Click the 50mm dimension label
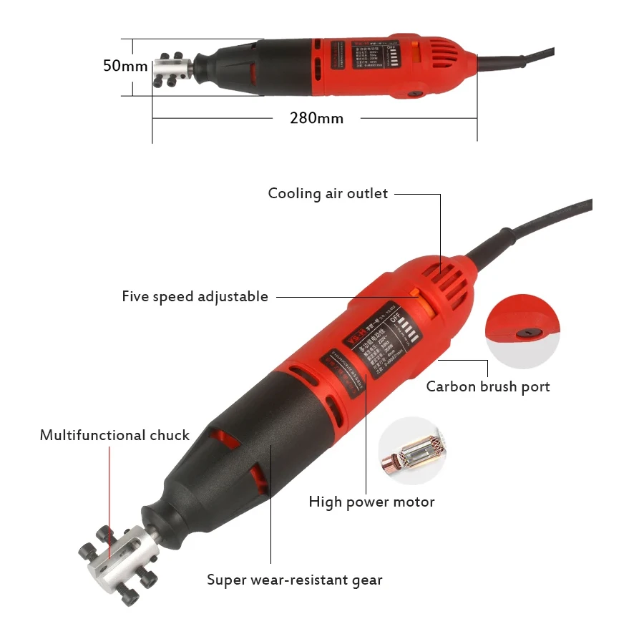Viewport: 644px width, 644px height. tap(125, 66)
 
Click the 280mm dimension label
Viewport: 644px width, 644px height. tap(316, 118)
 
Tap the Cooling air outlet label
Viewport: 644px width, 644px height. tap(328, 193)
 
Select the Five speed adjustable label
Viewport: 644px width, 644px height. tap(195, 296)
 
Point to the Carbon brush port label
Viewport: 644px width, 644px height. tap(488, 386)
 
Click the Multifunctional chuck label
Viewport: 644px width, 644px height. tap(114, 435)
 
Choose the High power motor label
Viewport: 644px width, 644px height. tap(371, 502)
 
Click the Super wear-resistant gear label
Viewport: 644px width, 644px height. tap(295, 580)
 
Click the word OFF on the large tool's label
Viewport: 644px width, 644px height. tap(412, 320)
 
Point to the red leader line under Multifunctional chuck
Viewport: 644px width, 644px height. tap(109, 501)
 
